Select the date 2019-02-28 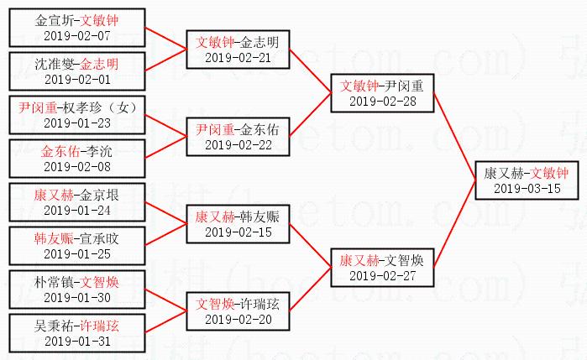tap(382, 102)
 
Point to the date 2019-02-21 tap(238, 57)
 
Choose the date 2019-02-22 tap(238, 145)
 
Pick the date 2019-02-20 tap(238, 320)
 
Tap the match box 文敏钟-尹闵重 tap(382, 93)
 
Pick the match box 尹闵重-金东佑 tap(238, 137)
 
